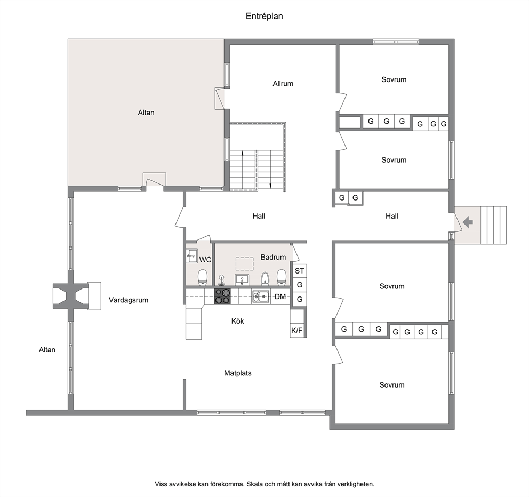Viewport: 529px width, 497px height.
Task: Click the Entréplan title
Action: point(264,16)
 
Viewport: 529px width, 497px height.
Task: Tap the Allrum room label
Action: point(283,83)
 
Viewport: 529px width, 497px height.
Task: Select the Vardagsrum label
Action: point(129,300)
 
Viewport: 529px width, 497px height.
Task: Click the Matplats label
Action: point(238,373)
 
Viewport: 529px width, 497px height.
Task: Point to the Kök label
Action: point(237,321)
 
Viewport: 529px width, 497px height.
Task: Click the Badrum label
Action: point(273,257)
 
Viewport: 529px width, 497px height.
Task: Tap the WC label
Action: point(205,260)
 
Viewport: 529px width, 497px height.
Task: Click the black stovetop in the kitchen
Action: point(223,296)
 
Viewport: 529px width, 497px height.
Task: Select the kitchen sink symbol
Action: point(261,296)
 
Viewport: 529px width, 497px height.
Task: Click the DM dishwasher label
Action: point(280,296)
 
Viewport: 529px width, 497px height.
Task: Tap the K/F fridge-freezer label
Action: point(297,331)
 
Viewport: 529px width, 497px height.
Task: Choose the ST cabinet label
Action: point(300,270)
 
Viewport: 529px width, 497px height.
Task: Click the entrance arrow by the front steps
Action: point(468,222)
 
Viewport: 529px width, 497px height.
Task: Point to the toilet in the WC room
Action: point(203,277)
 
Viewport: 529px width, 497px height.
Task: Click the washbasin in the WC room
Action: point(192,256)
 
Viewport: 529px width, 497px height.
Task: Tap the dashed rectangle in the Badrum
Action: point(245,264)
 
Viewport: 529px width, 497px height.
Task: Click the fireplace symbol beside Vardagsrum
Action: point(71,296)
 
